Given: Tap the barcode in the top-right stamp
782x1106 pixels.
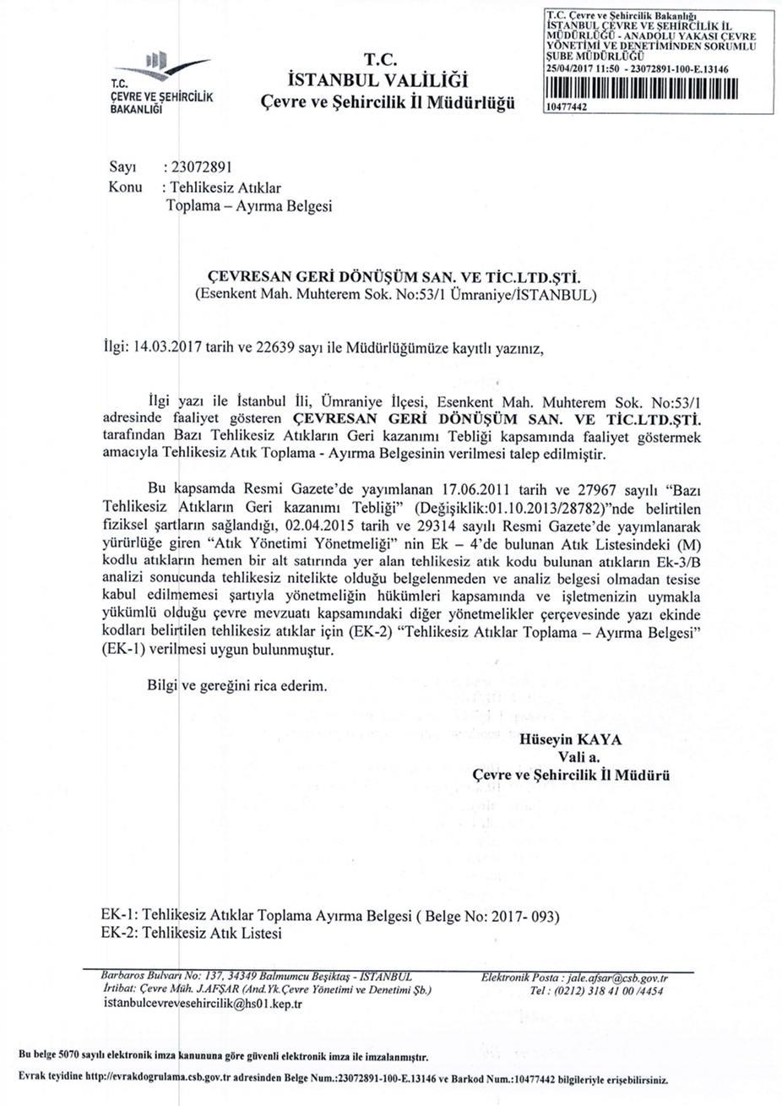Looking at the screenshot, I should point(643,90).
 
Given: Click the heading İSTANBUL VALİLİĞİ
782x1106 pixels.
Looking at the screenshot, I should point(377,81).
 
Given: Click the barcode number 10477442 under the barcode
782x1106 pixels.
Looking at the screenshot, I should point(567,107).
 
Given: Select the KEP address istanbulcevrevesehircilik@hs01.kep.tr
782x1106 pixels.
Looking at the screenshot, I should point(203,1004).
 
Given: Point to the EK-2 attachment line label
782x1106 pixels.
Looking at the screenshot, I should point(117,934).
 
